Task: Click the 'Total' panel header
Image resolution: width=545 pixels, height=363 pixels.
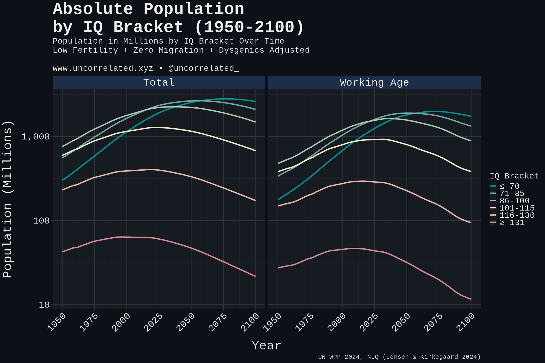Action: (159, 82)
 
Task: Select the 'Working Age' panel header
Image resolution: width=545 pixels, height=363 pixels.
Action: (374, 82)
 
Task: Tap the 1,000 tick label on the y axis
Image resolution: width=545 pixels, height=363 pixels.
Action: (35, 137)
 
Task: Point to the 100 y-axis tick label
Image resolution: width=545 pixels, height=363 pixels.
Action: (41, 221)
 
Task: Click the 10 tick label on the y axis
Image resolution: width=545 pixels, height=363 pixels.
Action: (44, 305)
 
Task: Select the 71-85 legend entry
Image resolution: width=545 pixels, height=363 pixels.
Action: (512, 193)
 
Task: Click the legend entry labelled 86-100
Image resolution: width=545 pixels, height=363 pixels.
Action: (514, 201)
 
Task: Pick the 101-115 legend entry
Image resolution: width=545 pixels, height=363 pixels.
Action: (517, 208)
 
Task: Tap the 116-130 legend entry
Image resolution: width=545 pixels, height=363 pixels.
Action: (517, 215)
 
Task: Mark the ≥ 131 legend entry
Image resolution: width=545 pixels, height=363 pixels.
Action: (512, 222)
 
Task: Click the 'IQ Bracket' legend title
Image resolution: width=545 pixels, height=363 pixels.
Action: (514, 176)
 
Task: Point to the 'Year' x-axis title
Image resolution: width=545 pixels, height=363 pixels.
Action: (266, 345)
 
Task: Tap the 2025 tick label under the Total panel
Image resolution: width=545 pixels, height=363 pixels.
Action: (153, 322)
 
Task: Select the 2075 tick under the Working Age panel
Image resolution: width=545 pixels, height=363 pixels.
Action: (433, 322)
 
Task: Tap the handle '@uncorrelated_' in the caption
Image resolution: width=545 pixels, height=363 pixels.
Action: (204, 68)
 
